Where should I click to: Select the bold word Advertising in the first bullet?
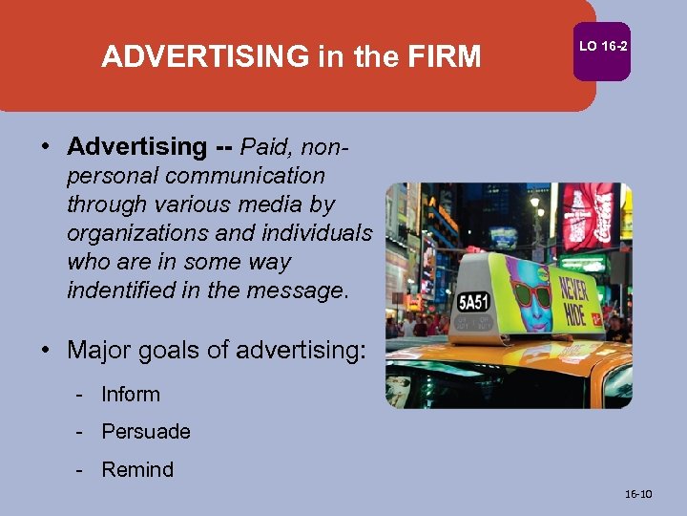136,147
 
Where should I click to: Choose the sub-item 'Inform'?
131,394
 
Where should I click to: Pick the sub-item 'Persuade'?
146,432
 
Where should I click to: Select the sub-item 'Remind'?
137,470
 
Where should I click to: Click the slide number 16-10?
637,494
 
